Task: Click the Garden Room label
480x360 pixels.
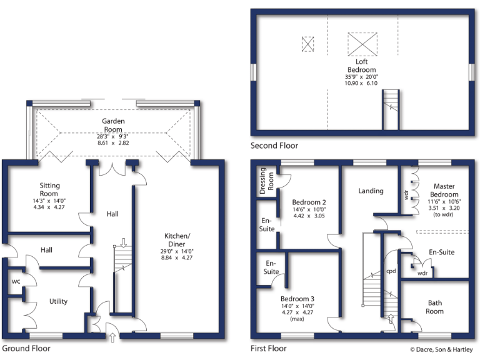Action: coord(114,125)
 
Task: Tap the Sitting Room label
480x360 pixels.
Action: coord(49,190)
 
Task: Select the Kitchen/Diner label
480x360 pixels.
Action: coord(177,239)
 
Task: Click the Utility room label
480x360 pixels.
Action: coord(58,301)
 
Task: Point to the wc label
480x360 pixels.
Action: coord(16,282)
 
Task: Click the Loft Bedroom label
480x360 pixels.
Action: coord(362,66)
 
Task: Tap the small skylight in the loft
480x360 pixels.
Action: coord(307,44)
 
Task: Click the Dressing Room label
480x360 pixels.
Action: coord(267,178)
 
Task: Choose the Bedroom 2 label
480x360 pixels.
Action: coord(309,202)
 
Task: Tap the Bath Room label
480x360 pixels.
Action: coord(434,307)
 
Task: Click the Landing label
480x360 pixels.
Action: coord(371,191)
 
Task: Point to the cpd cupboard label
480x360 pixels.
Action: coord(391,271)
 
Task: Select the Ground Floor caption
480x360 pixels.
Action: coord(26,348)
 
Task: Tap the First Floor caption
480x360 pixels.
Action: coord(268,348)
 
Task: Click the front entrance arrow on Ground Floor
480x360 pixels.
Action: coord(112,339)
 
